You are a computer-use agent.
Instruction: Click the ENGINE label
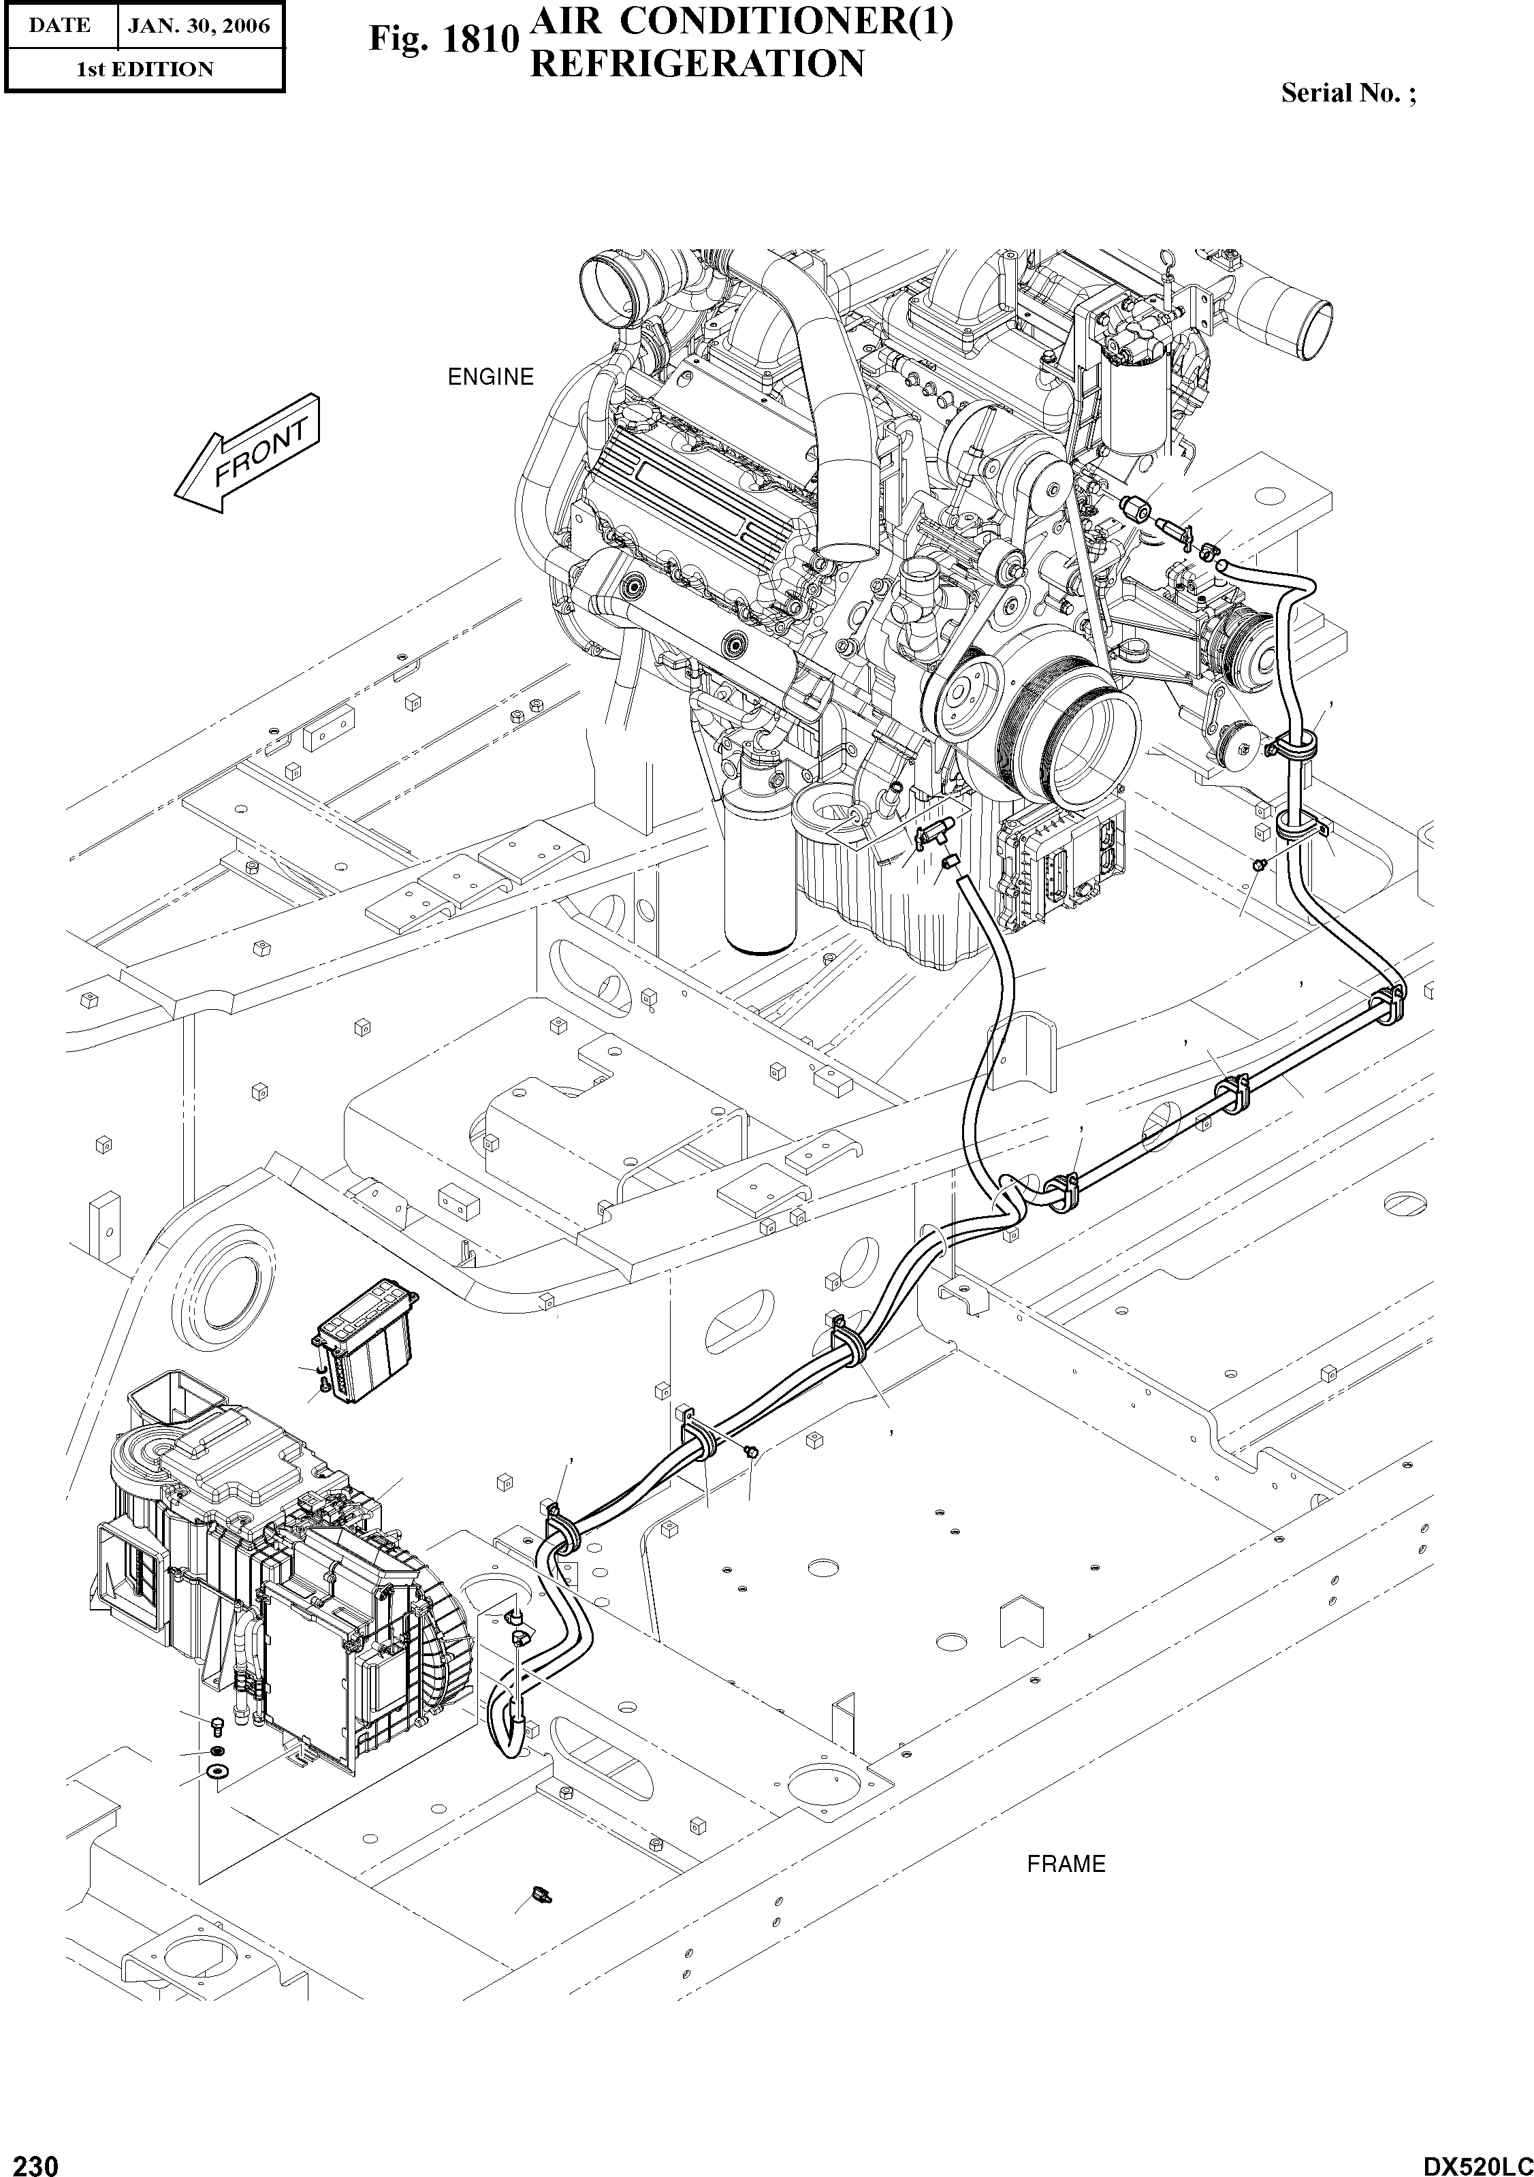pyautogui.click(x=490, y=377)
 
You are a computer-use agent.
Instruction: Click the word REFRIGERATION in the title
pyautogui.click(x=697, y=65)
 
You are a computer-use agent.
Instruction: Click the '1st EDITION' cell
pyautogui.click(x=144, y=69)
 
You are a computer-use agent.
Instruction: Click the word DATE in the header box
pyautogui.click(x=59, y=26)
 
